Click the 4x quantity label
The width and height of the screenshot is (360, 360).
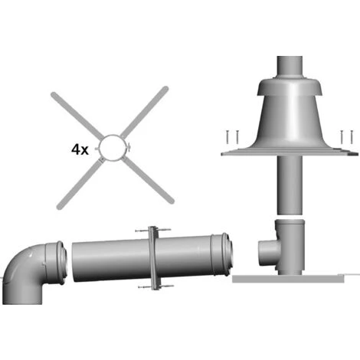80,149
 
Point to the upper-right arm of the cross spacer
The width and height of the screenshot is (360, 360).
144,111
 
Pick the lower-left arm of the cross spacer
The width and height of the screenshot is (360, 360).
80,183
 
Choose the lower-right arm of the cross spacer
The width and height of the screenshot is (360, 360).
148,181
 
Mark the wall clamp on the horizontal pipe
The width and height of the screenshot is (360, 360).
153,258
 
